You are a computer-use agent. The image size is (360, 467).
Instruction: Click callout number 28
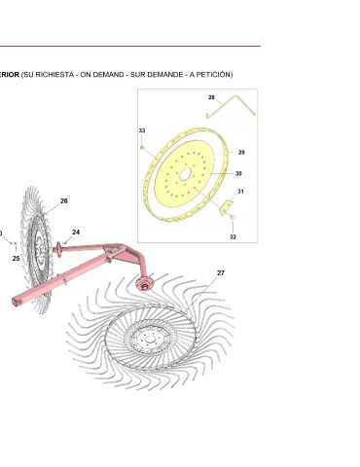(211, 97)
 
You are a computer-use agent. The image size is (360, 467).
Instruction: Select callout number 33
(142, 130)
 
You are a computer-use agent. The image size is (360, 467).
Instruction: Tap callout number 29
(241, 152)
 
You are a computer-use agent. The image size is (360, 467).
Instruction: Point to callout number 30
(238, 173)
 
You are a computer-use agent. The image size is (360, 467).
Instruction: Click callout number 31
(240, 192)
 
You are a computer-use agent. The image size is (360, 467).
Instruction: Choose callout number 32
(233, 236)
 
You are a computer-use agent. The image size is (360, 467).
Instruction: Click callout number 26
(64, 201)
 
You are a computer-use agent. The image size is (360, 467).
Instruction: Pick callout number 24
(76, 233)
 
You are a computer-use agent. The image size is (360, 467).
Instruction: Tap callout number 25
(16, 259)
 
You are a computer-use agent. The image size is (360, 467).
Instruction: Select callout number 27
(221, 273)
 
